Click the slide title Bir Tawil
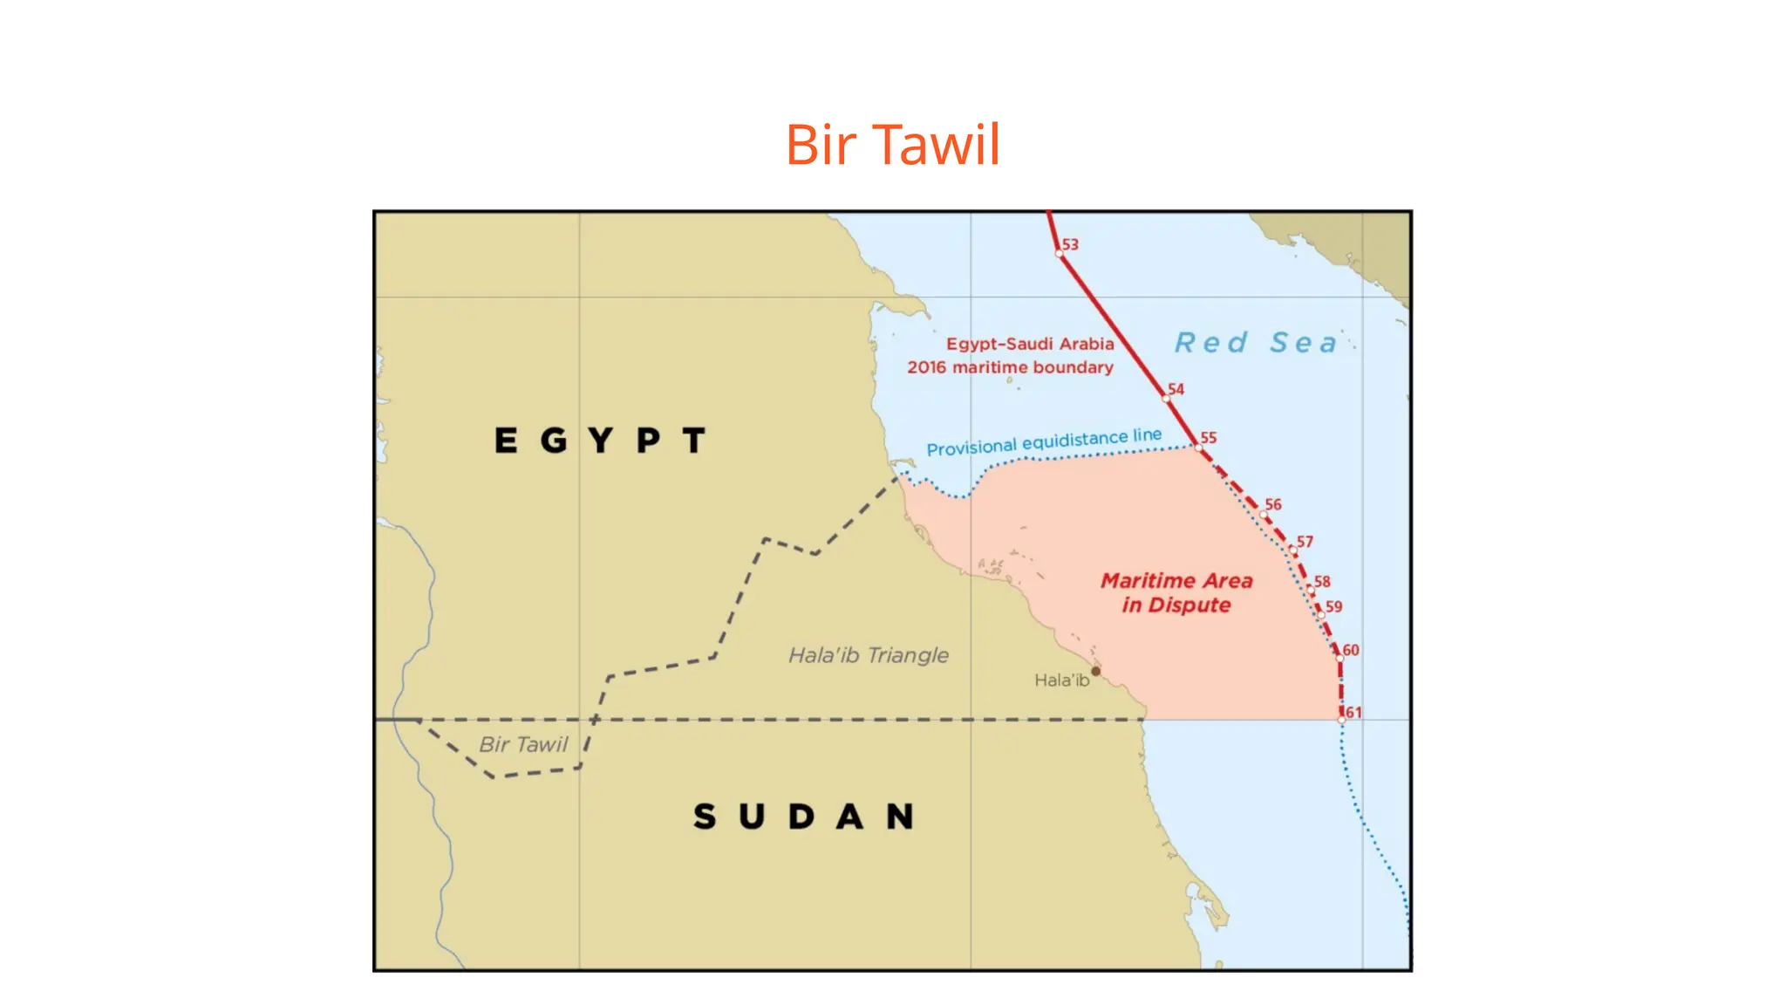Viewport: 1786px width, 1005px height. point(892,144)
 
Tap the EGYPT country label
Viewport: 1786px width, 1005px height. point(600,441)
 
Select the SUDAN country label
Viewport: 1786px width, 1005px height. point(803,817)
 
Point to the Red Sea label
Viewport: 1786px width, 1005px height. point(1256,343)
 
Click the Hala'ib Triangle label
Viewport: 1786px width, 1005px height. point(869,655)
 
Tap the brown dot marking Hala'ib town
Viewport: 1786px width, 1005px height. point(1096,671)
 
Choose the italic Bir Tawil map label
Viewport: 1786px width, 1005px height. point(523,744)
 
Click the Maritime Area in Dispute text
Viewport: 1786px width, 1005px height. point(1176,593)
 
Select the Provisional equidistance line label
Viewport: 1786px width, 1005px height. point(1044,441)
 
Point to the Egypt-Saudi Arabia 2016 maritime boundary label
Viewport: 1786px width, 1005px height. point(1012,356)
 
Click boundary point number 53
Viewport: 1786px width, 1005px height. point(1060,254)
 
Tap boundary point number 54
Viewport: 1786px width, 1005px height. point(1166,399)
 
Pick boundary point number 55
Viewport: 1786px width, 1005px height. point(1198,447)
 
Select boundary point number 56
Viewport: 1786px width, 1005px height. point(1263,515)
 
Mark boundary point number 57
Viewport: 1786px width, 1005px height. point(1293,551)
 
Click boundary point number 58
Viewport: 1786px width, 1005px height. point(1311,591)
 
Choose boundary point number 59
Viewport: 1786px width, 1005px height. point(1322,615)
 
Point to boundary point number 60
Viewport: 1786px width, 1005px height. point(1339,658)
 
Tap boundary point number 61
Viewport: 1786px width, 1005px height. point(1342,720)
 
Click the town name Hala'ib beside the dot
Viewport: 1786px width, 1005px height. point(1061,680)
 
